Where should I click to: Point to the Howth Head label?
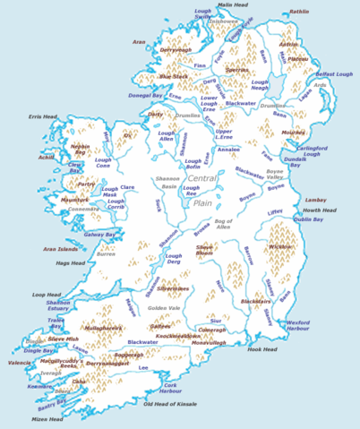[x=317, y=210]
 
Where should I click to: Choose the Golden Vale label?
[x=164, y=308]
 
